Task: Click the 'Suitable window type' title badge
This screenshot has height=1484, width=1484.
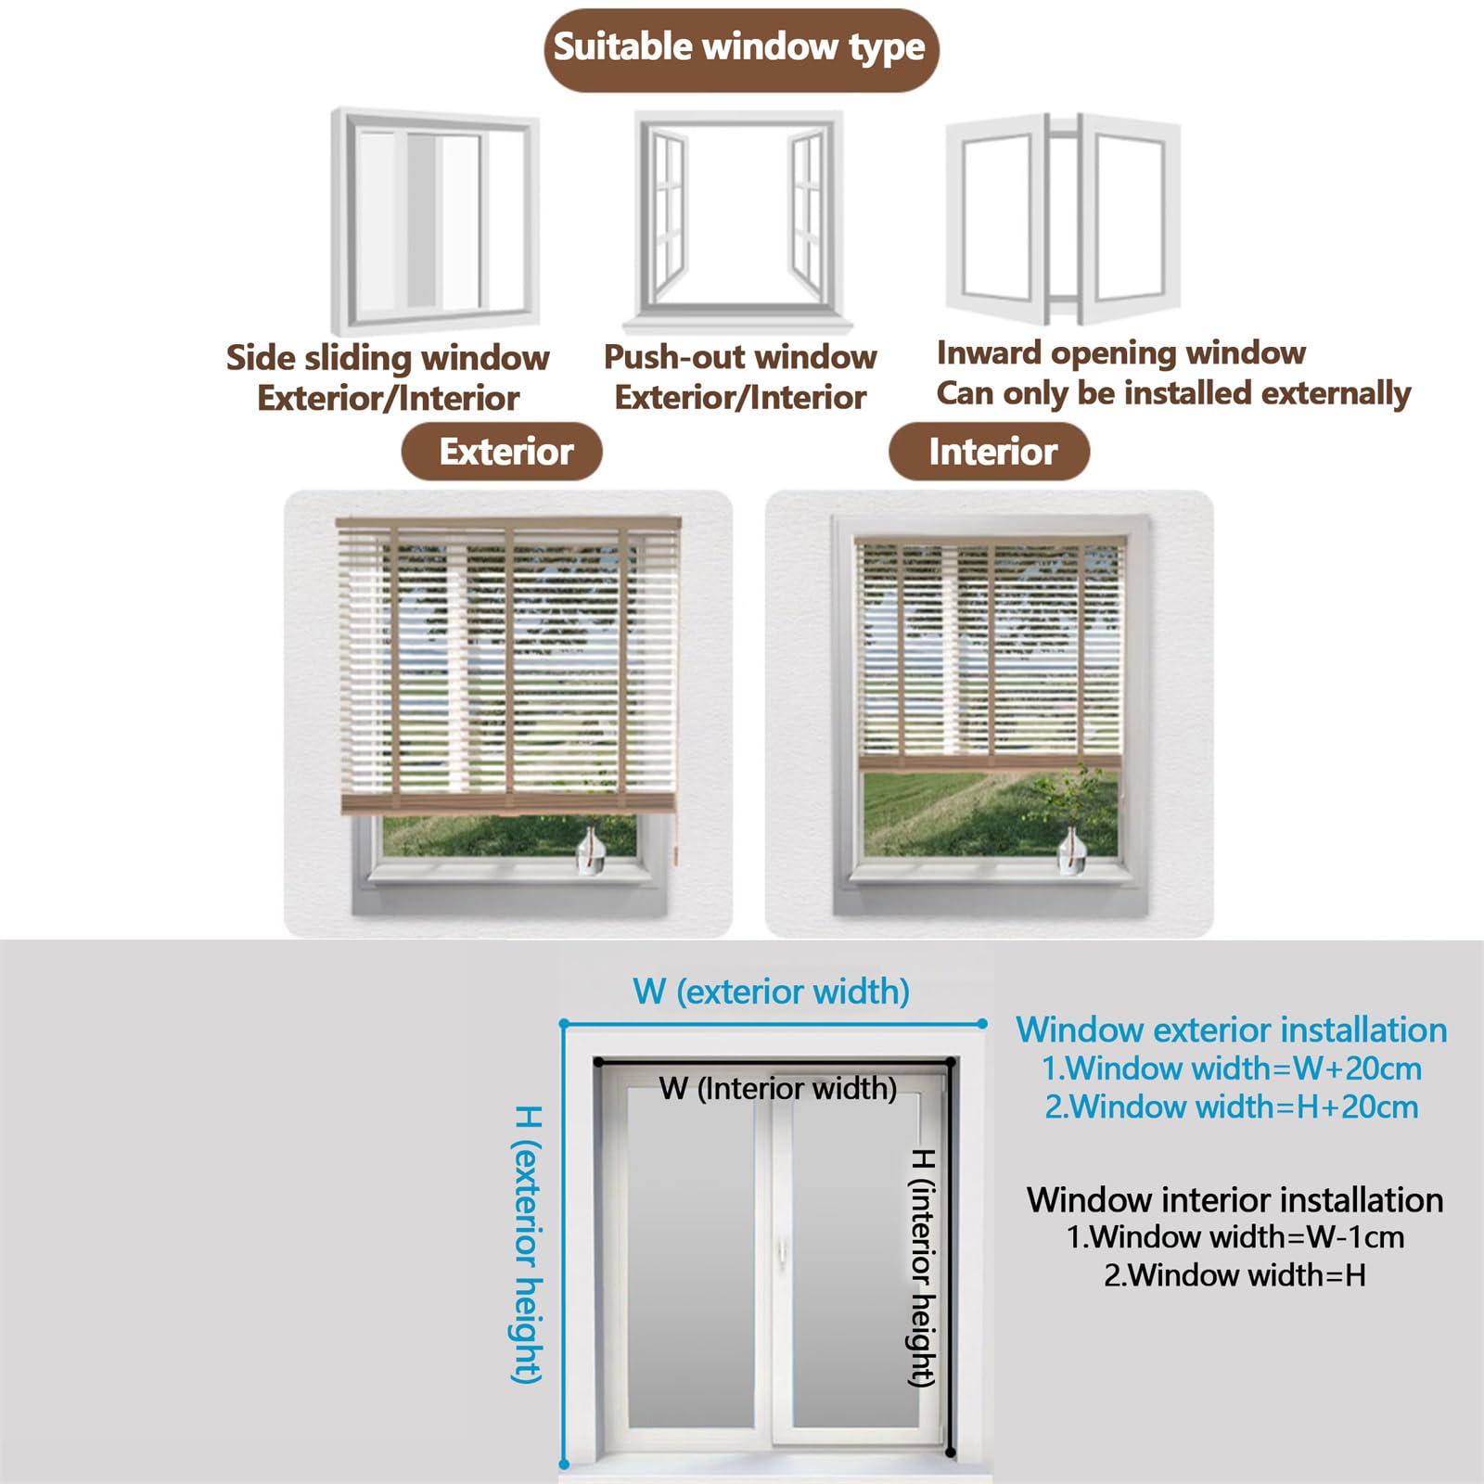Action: (740, 48)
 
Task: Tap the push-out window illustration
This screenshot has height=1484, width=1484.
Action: (738, 221)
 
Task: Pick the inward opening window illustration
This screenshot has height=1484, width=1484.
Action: (1063, 219)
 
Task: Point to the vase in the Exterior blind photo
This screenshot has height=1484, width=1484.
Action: (591, 851)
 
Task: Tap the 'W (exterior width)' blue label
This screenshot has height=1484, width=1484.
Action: (771, 991)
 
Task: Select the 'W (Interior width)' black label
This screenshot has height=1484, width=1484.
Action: (777, 1088)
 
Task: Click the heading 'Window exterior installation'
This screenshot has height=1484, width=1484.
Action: (1231, 1030)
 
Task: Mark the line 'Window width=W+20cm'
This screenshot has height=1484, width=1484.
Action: (1232, 1068)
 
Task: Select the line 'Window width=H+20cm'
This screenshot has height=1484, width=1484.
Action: (1232, 1107)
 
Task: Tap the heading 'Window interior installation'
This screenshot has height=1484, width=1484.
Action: (1235, 1200)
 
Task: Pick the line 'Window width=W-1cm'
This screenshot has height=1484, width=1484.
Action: (1235, 1237)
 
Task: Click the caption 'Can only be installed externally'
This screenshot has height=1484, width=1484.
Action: (1172, 393)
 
